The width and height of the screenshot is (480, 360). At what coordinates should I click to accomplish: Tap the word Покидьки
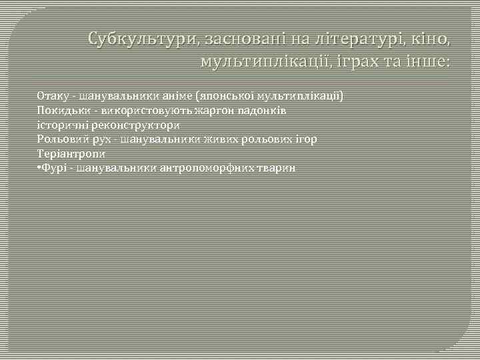pyautogui.click(x=59, y=110)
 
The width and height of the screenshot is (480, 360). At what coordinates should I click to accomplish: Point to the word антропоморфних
pyautogui.click(x=201, y=168)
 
